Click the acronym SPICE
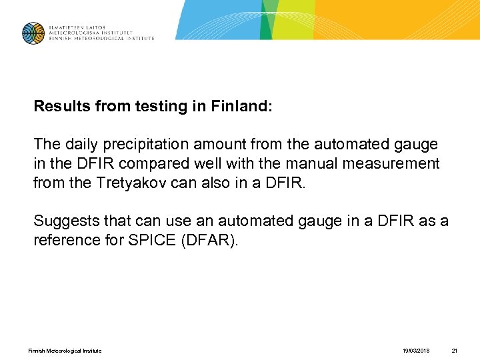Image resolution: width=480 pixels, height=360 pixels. [153, 241]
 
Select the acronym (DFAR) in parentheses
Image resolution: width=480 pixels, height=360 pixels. [209, 241]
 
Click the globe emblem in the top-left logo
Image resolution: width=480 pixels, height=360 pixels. [33, 33]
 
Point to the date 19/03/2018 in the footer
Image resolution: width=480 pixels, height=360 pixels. [417, 351]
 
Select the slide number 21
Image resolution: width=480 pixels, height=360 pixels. [455, 351]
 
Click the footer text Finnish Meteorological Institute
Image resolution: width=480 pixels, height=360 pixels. [65, 351]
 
